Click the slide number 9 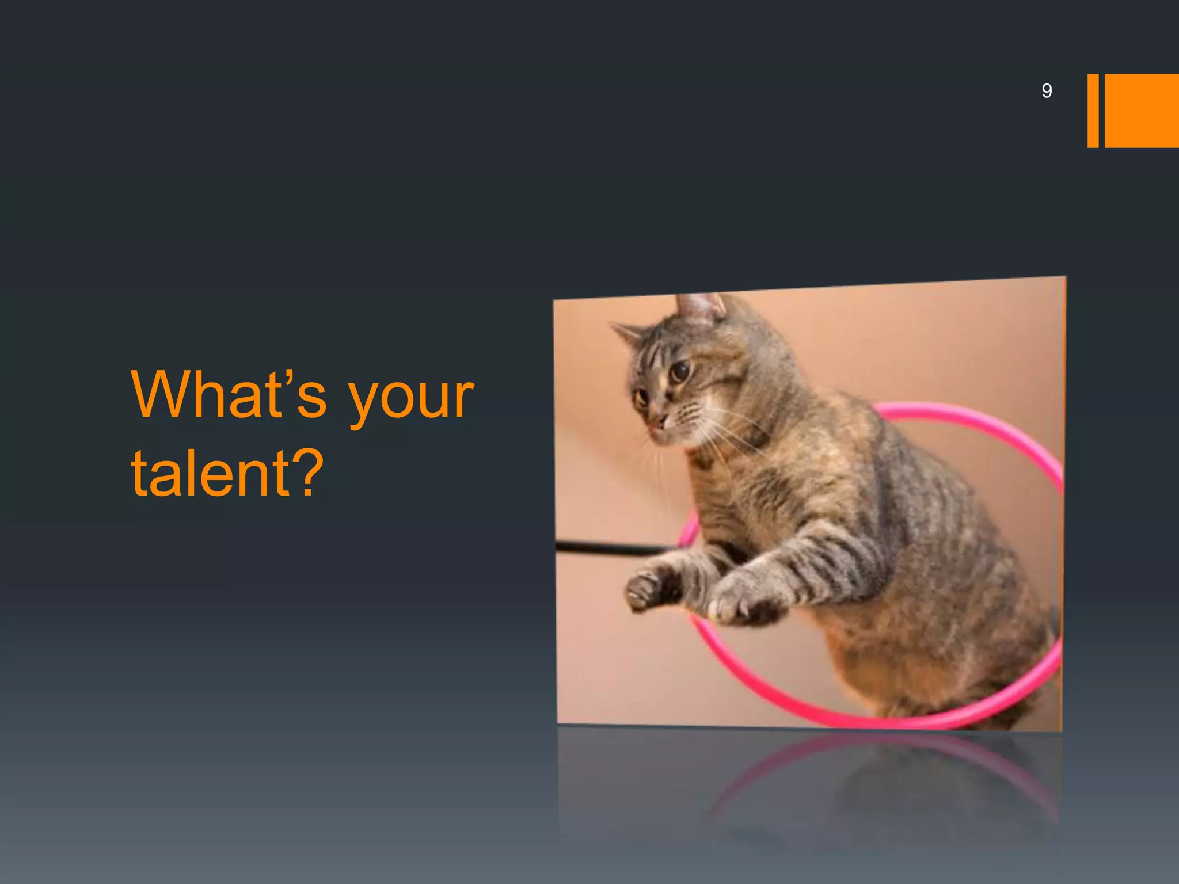click(1047, 91)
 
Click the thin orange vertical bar click(1093, 110)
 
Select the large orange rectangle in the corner click(1141, 110)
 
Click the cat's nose click(659, 423)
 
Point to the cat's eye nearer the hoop click(680, 371)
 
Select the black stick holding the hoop click(604, 548)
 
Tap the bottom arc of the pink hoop click(864, 719)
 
